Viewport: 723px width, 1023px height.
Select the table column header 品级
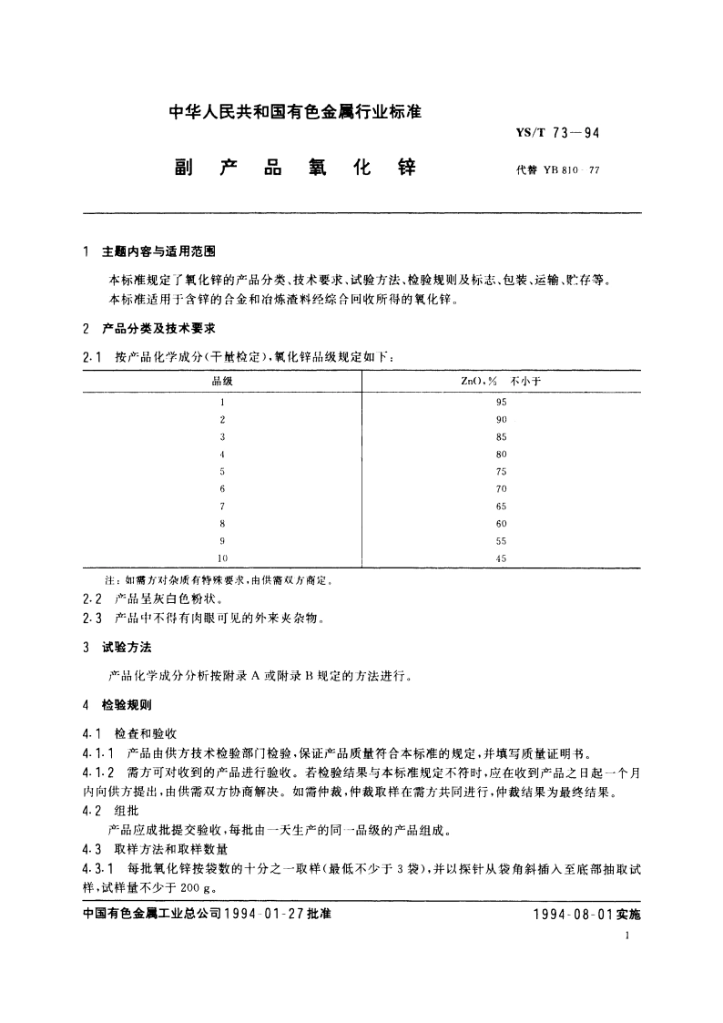click(x=222, y=382)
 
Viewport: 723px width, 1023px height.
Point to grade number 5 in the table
click(x=222, y=471)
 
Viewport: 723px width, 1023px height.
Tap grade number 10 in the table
click(x=222, y=558)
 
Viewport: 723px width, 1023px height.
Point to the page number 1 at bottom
click(x=629, y=936)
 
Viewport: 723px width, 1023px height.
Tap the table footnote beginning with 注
click(x=216, y=579)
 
